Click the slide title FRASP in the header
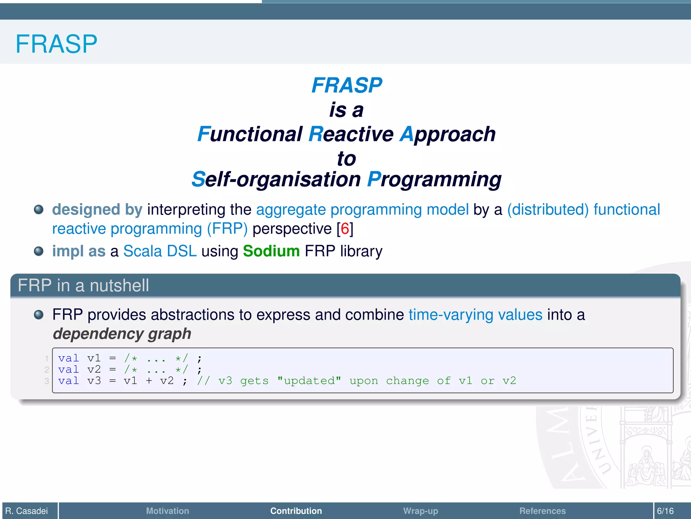coord(56,44)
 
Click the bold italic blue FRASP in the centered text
coord(347,85)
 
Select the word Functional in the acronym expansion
coord(250,134)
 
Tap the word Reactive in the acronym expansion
coord(351,134)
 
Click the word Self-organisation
coord(276,179)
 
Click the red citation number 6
coord(345,229)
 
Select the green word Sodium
coord(271,251)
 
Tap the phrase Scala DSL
coord(160,251)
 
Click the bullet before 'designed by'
coord(39,209)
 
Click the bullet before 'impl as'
coord(39,251)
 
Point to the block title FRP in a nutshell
coord(83,286)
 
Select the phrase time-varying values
coord(475,315)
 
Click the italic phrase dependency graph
coord(122,334)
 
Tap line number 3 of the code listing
coord(47,381)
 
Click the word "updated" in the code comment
coord(309,381)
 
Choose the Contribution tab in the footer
coord(296,511)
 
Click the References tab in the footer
coord(542,511)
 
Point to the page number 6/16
coord(665,511)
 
